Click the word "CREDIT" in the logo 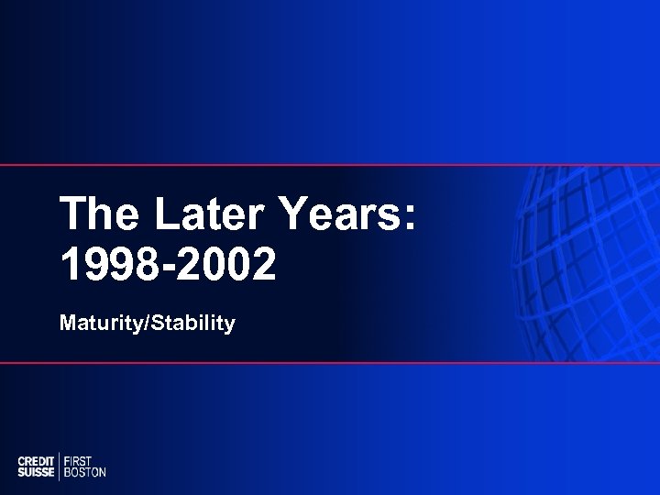37,460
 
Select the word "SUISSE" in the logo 37,472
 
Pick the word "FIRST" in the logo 79,460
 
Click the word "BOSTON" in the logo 84,472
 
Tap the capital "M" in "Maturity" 67,324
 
